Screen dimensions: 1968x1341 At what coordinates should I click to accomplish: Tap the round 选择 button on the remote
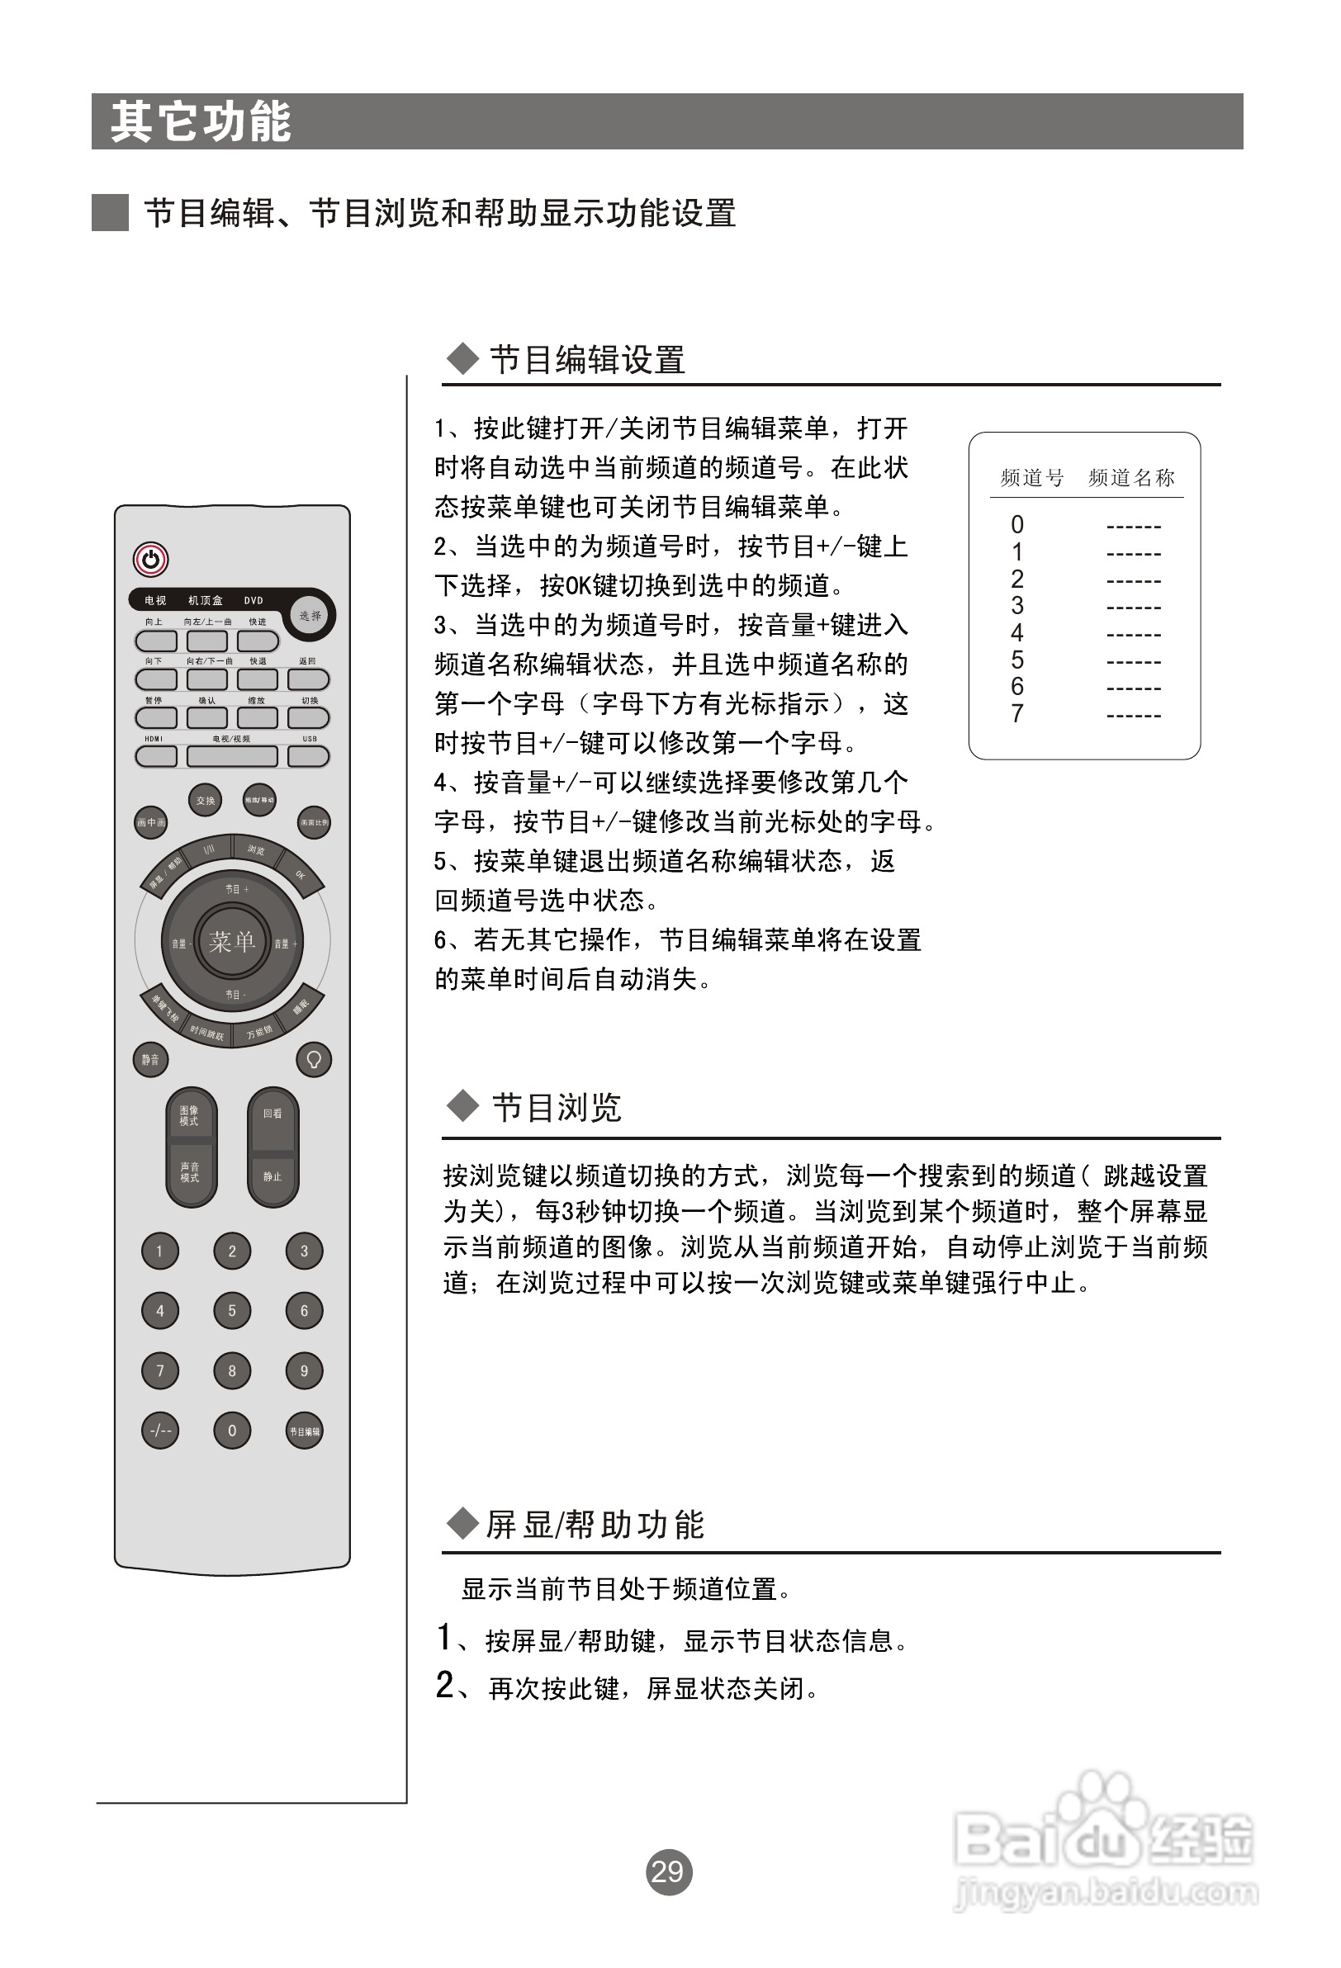click(311, 616)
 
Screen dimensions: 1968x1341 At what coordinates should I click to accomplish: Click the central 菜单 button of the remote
click(232, 942)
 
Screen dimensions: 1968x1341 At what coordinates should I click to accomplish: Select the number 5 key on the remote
click(232, 1311)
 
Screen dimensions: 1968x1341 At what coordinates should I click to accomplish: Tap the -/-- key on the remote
click(160, 1431)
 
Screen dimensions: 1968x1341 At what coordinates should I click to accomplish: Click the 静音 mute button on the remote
click(151, 1059)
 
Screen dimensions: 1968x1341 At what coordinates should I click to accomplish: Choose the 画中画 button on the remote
click(151, 822)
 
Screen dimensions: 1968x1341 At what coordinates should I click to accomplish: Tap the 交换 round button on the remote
click(205, 800)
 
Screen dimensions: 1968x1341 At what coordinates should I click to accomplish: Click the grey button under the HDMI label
click(156, 756)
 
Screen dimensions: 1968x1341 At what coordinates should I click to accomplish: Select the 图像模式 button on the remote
click(190, 1117)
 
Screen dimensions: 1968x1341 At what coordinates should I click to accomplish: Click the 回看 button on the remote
click(272, 1115)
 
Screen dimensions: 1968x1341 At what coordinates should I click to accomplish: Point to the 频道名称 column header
click(1131, 479)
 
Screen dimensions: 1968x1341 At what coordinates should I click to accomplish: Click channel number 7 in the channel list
click(1017, 715)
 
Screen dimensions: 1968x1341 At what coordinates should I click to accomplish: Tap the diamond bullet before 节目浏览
click(462, 1106)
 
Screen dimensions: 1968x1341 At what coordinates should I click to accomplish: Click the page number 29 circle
click(668, 1871)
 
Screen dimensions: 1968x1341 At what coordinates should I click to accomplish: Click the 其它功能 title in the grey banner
click(201, 122)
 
